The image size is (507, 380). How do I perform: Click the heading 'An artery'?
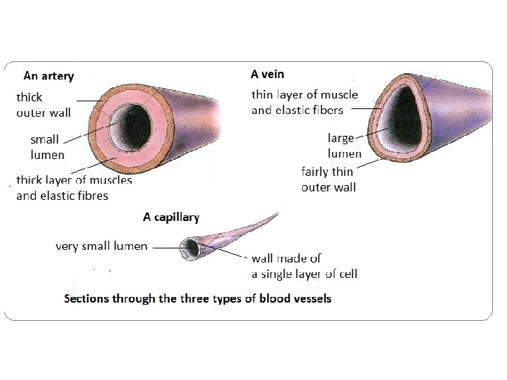49,75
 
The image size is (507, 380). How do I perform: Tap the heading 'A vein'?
268,73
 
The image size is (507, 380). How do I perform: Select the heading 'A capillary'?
171,217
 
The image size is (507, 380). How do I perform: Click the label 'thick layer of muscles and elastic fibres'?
74,187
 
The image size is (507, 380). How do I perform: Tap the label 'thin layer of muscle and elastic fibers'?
304,102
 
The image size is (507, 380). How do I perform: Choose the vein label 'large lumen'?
344,146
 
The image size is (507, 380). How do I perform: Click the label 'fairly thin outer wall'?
328,179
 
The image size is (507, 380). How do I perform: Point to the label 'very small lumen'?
101,246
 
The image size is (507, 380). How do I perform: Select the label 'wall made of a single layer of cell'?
304,266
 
